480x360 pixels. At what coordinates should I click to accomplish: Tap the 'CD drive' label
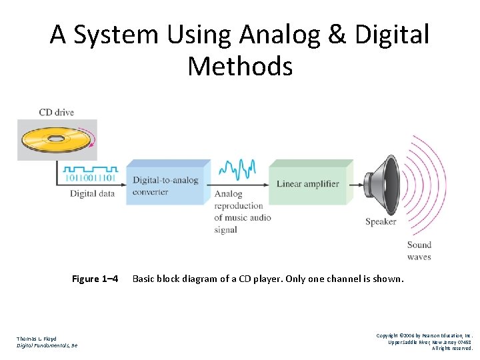click(x=56, y=112)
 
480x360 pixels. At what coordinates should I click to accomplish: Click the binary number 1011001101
click(x=91, y=179)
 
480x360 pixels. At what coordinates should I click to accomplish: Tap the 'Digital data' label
click(x=93, y=194)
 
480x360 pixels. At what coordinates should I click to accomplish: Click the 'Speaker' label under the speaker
click(x=381, y=221)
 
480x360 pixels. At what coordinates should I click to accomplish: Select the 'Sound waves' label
click(x=419, y=251)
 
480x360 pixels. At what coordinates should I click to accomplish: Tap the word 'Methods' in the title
click(x=240, y=67)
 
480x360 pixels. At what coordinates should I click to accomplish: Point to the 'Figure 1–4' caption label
click(x=95, y=279)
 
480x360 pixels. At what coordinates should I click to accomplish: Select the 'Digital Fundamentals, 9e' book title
click(x=47, y=345)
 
